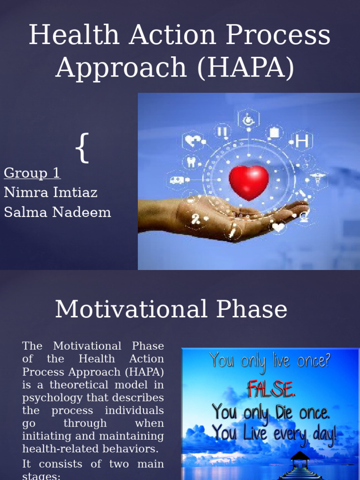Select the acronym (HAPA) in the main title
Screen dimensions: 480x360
pyautogui.click(x=246, y=67)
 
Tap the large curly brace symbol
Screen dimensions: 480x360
pyautogui.click(x=82, y=148)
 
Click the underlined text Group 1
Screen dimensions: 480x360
pyautogui.click(x=32, y=173)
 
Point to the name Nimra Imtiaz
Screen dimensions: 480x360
pyautogui.click(x=51, y=192)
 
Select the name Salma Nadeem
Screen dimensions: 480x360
pyautogui.click(x=57, y=212)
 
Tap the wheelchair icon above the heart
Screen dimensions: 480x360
pyautogui.click(x=247, y=120)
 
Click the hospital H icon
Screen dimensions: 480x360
pyautogui.click(x=302, y=141)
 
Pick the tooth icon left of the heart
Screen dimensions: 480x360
pyautogui.click(x=192, y=162)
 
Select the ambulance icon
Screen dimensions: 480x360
pyautogui.click(x=177, y=180)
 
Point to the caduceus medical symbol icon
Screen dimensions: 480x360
pyautogui.click(x=317, y=179)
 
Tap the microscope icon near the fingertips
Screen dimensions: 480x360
pyautogui.click(x=304, y=216)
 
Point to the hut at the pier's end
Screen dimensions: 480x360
pyautogui.click(x=299, y=456)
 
